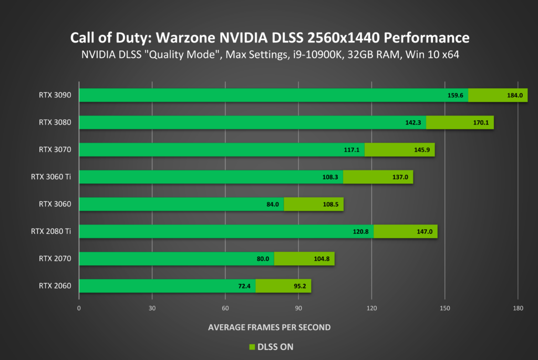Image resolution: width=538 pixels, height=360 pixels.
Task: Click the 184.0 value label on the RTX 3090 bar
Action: tap(515, 96)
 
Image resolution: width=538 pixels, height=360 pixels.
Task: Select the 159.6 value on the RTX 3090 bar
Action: tap(455, 96)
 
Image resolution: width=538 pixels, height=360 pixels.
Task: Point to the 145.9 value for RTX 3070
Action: tap(421, 150)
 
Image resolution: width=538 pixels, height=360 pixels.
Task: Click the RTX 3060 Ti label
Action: tap(51, 177)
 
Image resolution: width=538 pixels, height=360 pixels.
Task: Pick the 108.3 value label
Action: tap(330, 177)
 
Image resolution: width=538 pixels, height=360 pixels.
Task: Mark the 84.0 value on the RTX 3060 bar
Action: tap(272, 204)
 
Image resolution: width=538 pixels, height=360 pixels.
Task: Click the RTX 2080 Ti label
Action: tap(51, 231)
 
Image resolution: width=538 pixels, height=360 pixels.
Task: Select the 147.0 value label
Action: tap(424, 232)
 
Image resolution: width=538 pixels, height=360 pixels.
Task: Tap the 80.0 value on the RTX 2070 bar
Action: tap(263, 259)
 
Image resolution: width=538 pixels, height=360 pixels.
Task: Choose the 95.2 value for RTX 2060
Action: tap(298, 286)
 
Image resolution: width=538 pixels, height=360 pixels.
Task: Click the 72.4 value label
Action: tap(245, 286)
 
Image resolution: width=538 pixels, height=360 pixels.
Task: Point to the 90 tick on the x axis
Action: tap(298, 308)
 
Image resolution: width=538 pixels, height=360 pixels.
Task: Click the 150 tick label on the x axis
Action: tap(444, 308)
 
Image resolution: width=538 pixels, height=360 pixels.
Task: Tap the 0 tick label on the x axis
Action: tap(79, 308)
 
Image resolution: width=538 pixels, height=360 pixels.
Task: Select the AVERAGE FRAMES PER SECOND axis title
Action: tap(269, 327)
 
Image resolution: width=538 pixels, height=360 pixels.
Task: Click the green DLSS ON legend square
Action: tap(251, 347)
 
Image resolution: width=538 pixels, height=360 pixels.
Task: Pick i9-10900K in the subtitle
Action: tap(311, 55)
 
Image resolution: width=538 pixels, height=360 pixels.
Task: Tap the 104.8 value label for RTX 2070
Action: tap(322, 259)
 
